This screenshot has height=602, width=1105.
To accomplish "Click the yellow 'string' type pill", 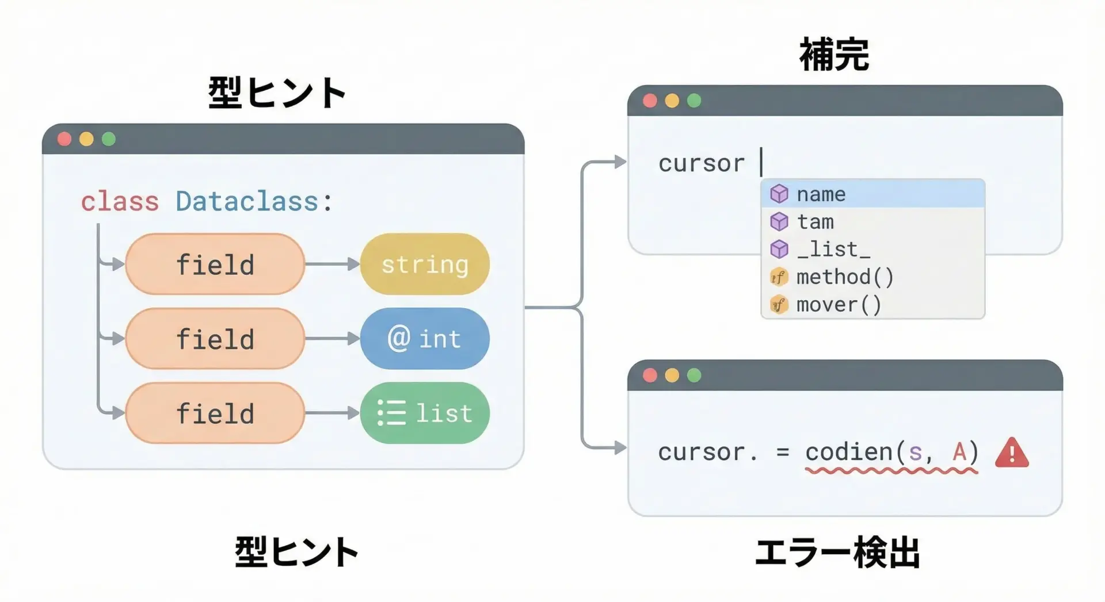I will (x=425, y=264).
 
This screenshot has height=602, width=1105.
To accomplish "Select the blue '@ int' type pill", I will (x=425, y=339).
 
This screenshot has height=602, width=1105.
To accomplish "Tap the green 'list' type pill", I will (x=425, y=413).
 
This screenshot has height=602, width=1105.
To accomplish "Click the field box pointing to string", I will (x=215, y=264).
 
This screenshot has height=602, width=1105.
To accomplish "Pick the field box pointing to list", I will (x=215, y=413).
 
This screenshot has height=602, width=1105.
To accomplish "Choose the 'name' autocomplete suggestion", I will (x=872, y=194).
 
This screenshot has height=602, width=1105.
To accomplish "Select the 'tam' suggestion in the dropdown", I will (x=872, y=222).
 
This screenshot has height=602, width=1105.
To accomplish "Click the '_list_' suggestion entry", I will (x=872, y=250).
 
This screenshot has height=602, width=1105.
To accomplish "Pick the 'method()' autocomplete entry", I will (x=872, y=277).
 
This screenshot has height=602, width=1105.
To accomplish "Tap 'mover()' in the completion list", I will (x=872, y=305).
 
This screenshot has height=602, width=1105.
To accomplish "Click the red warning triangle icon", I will (x=1012, y=453).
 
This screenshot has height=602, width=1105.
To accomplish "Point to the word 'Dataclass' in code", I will (x=247, y=202).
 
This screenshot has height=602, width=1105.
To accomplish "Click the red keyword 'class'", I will (x=120, y=202).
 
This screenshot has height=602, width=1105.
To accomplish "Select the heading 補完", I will (x=834, y=55).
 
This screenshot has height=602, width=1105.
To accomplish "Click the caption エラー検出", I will (x=837, y=553).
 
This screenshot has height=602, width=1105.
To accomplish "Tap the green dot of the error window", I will (x=695, y=375).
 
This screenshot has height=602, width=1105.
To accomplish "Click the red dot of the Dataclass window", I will (x=64, y=139).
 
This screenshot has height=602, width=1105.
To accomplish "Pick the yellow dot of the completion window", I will (x=672, y=101).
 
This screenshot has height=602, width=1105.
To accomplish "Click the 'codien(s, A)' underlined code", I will (x=891, y=453).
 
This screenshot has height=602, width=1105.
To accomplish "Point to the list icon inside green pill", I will (x=392, y=413).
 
